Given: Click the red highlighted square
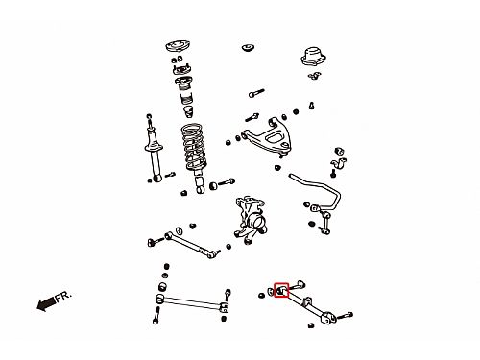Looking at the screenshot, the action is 281,290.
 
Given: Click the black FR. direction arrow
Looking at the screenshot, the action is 46,303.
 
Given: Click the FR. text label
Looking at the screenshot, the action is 63,296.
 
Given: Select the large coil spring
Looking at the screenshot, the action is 195,147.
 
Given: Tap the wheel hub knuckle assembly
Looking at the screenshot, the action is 252,220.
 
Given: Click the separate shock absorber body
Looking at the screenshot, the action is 155,148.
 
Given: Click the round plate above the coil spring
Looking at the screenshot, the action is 179,46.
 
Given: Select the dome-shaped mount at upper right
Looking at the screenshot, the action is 313,58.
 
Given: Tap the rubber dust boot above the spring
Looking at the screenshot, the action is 185,90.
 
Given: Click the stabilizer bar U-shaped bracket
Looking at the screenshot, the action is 339,163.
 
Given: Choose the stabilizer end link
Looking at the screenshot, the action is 324,224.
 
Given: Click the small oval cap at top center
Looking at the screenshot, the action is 248,47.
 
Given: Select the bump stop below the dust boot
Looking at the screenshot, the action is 189,111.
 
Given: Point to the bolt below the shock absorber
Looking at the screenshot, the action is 170,175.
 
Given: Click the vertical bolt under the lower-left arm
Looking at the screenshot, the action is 156,316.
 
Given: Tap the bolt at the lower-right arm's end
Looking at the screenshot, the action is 345,316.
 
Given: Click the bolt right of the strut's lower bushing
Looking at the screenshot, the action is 227,182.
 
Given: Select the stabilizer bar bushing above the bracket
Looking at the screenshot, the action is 339,151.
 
